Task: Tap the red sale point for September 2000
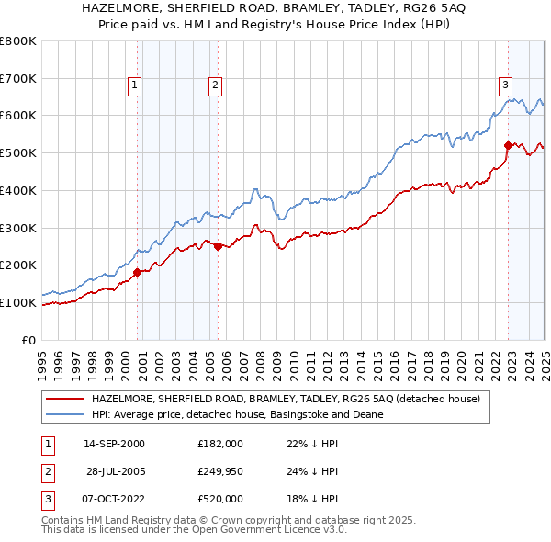[x=137, y=271]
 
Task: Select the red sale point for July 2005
[x=218, y=246]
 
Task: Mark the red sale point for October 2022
[x=508, y=145]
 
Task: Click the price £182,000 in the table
[x=220, y=443]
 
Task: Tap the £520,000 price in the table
[x=220, y=499]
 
